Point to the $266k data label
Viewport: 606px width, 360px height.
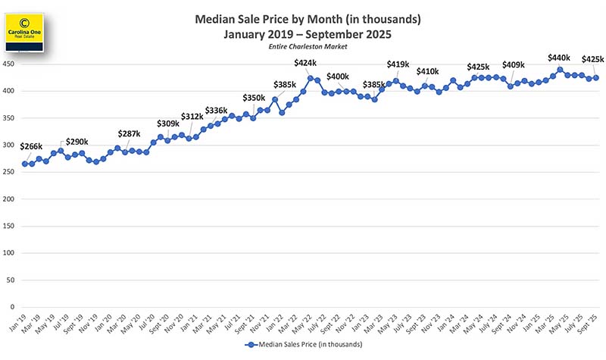click(x=32, y=146)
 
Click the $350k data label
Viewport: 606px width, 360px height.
click(x=255, y=99)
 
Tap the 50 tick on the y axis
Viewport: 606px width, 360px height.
click(x=11, y=280)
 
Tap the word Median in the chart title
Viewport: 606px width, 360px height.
click(x=217, y=19)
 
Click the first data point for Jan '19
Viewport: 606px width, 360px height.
click(x=25, y=164)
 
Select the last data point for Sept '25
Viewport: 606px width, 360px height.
click(x=595, y=77)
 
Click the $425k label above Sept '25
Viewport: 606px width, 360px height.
click(x=592, y=60)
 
